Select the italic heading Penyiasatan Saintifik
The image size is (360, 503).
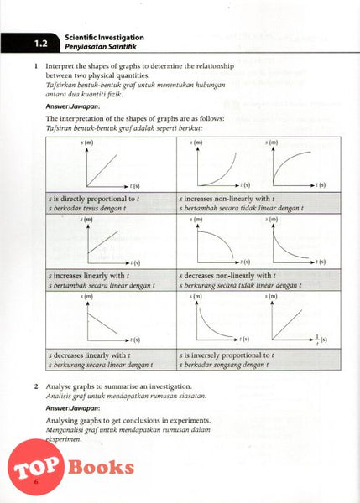coord(104,48)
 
